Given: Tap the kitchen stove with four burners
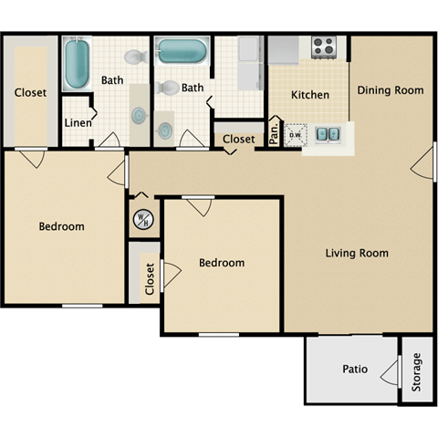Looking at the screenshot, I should click(324, 47).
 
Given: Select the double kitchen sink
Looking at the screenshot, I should click(328, 135).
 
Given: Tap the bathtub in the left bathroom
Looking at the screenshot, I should click(77, 62).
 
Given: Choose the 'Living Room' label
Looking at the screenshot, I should click(357, 253).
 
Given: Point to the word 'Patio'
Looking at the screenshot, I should click(355, 370).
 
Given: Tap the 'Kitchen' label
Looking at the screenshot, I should click(309, 95).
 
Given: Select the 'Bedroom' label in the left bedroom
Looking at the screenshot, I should click(61, 226).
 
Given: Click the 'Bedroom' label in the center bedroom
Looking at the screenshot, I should click(222, 263).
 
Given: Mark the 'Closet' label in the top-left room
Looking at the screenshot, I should click(30, 92).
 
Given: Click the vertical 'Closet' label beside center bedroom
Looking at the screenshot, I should click(150, 279).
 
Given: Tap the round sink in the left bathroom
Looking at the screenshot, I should click(139, 116).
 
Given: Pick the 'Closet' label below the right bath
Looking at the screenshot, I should click(239, 139).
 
